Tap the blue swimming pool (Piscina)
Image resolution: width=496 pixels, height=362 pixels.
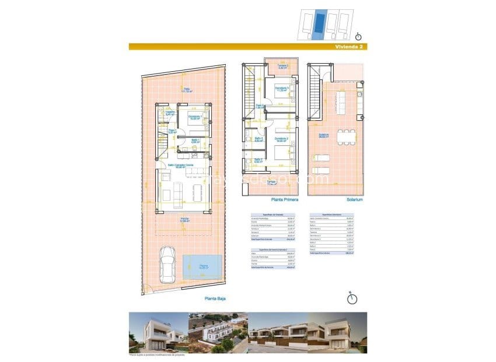(202, 267)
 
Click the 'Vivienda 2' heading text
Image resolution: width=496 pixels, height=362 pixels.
(347, 46)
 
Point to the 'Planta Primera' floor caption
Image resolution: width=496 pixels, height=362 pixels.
(270, 199)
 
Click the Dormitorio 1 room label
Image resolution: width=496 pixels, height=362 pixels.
(195, 117)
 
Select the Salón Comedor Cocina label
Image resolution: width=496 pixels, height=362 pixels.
(181, 165)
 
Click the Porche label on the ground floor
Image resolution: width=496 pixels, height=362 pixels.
(184, 220)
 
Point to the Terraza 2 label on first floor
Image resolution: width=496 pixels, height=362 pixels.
(283, 67)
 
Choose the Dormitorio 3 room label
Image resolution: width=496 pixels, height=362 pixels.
(282, 89)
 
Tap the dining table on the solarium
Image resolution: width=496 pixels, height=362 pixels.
(348, 136)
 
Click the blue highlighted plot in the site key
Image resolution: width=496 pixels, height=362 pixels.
(319, 25)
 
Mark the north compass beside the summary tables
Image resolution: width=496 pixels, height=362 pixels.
(352, 299)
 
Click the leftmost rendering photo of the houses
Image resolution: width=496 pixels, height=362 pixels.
(157, 333)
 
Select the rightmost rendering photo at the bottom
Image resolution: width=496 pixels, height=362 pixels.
(338, 333)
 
